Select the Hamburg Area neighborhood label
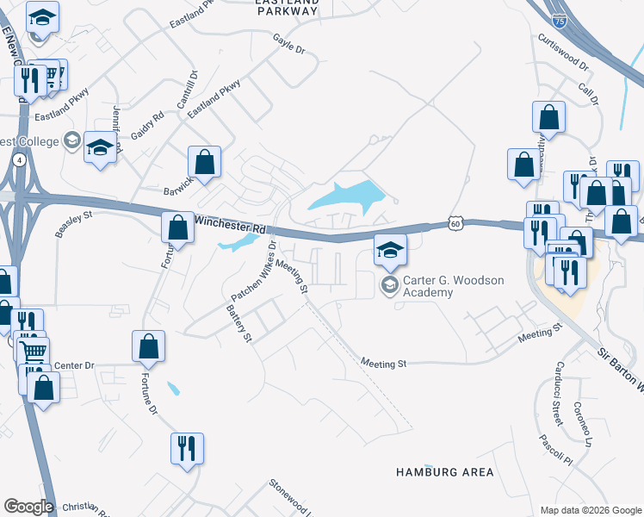(x=445, y=472)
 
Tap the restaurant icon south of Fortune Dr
(x=186, y=449)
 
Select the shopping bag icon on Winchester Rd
(x=177, y=227)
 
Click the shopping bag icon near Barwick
(x=204, y=161)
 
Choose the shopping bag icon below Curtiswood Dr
(x=548, y=116)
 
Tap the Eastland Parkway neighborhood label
(x=288, y=8)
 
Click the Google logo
(x=28, y=507)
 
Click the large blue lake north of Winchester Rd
(x=349, y=199)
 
